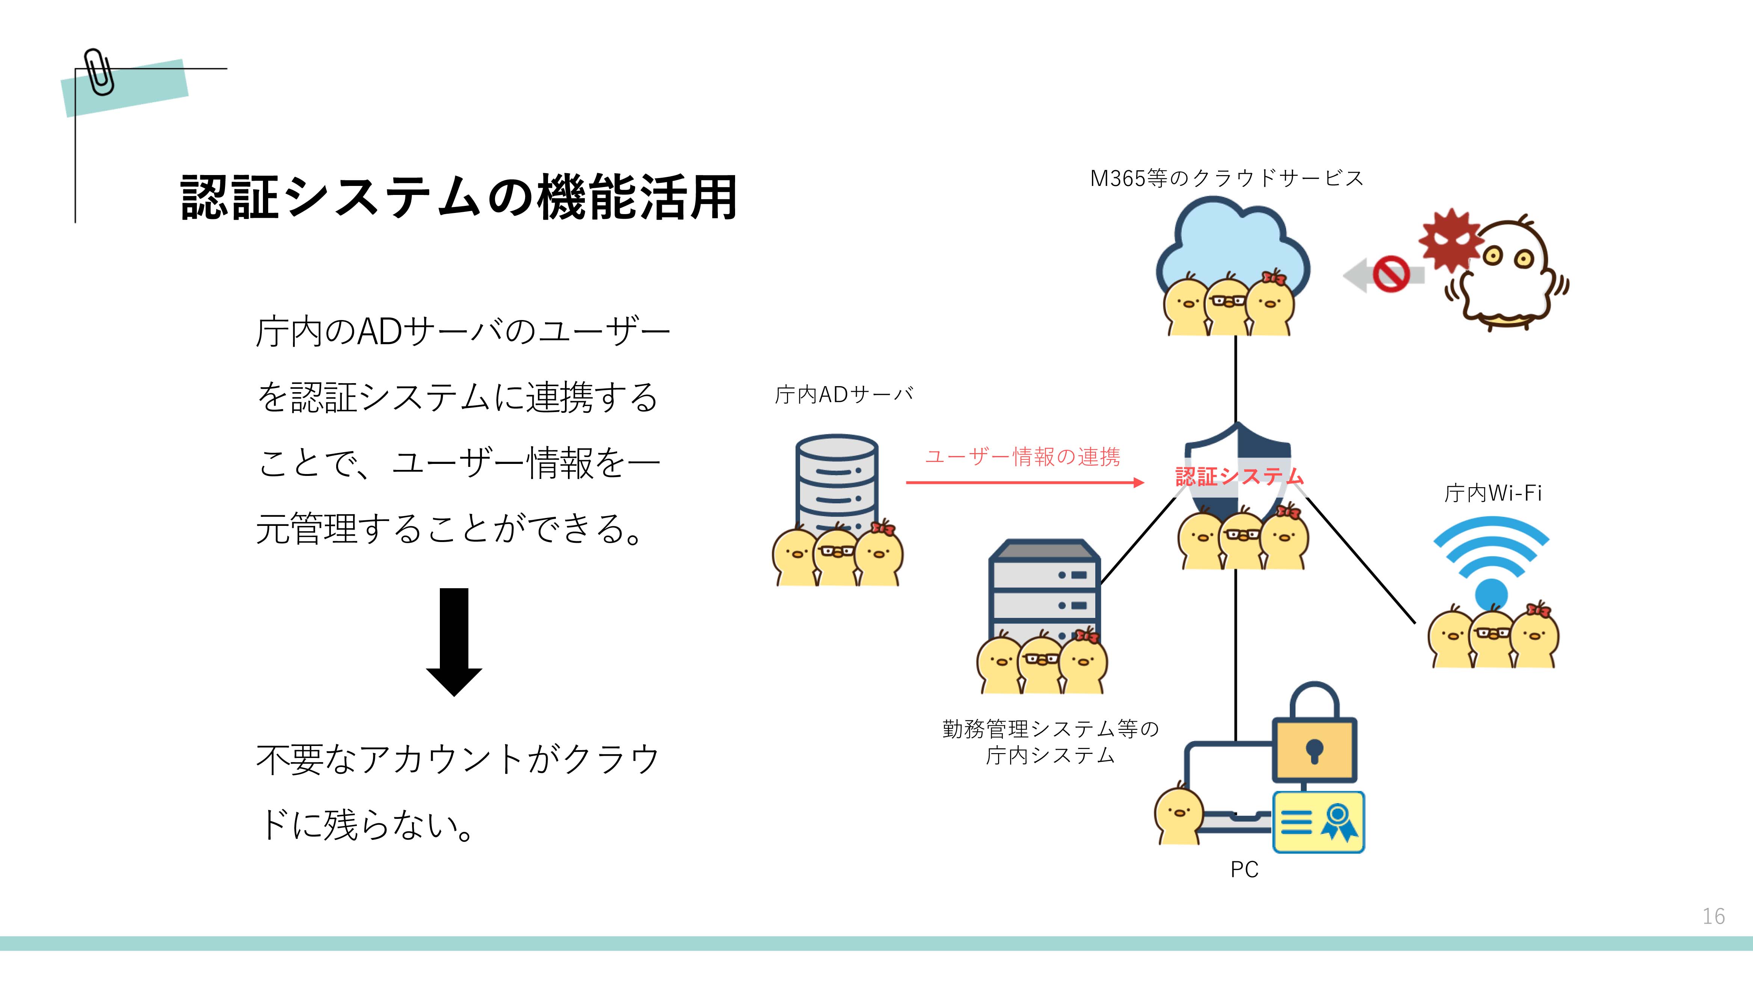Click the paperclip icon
[100, 72]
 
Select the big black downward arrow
[454, 641]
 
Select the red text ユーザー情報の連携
[1022, 457]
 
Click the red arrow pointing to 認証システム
[1024, 482]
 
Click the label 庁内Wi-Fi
[1492, 493]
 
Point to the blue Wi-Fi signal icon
[1491, 558]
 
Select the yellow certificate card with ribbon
[1318, 821]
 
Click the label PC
[1244, 870]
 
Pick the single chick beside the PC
[1178, 816]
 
